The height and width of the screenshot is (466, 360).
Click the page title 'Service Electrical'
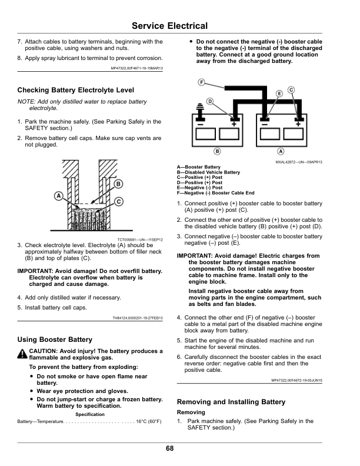tap(169, 26)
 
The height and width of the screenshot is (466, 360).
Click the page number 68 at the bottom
tap(169, 449)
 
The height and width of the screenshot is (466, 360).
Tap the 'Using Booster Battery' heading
tap(55, 339)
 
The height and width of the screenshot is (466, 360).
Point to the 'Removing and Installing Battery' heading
tap(231, 402)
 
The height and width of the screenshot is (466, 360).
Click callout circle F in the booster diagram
tap(201, 82)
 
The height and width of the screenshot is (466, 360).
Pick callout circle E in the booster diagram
tap(279, 94)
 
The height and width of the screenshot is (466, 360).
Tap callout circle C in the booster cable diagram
tap(291, 89)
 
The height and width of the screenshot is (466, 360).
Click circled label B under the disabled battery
tap(217, 151)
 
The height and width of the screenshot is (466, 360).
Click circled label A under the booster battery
tap(281, 151)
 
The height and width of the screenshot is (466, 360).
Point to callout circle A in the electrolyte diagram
tap(58, 195)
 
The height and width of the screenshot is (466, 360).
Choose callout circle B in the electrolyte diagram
tap(118, 184)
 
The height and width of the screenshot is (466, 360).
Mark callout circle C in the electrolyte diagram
tap(119, 201)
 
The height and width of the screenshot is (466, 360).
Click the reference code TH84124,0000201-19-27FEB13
tap(137, 318)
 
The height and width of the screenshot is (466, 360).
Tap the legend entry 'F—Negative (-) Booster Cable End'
tap(215, 193)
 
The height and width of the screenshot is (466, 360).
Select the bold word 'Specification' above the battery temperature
tap(90, 414)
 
